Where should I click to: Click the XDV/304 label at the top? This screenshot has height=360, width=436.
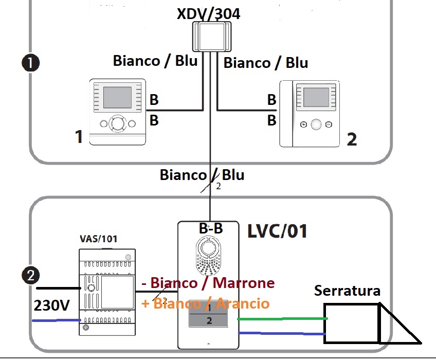pos(208,14)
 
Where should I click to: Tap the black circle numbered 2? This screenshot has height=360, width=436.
pos(31,275)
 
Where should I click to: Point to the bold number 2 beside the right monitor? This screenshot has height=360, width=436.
pos(351,139)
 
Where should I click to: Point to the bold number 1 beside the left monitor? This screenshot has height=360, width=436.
pos(79,137)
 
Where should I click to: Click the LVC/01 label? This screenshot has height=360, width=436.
pos(278,231)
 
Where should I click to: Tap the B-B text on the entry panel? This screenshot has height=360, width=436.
pos(211,229)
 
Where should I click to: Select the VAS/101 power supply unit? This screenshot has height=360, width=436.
pos(106,292)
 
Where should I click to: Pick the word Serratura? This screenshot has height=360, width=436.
pos(348,291)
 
